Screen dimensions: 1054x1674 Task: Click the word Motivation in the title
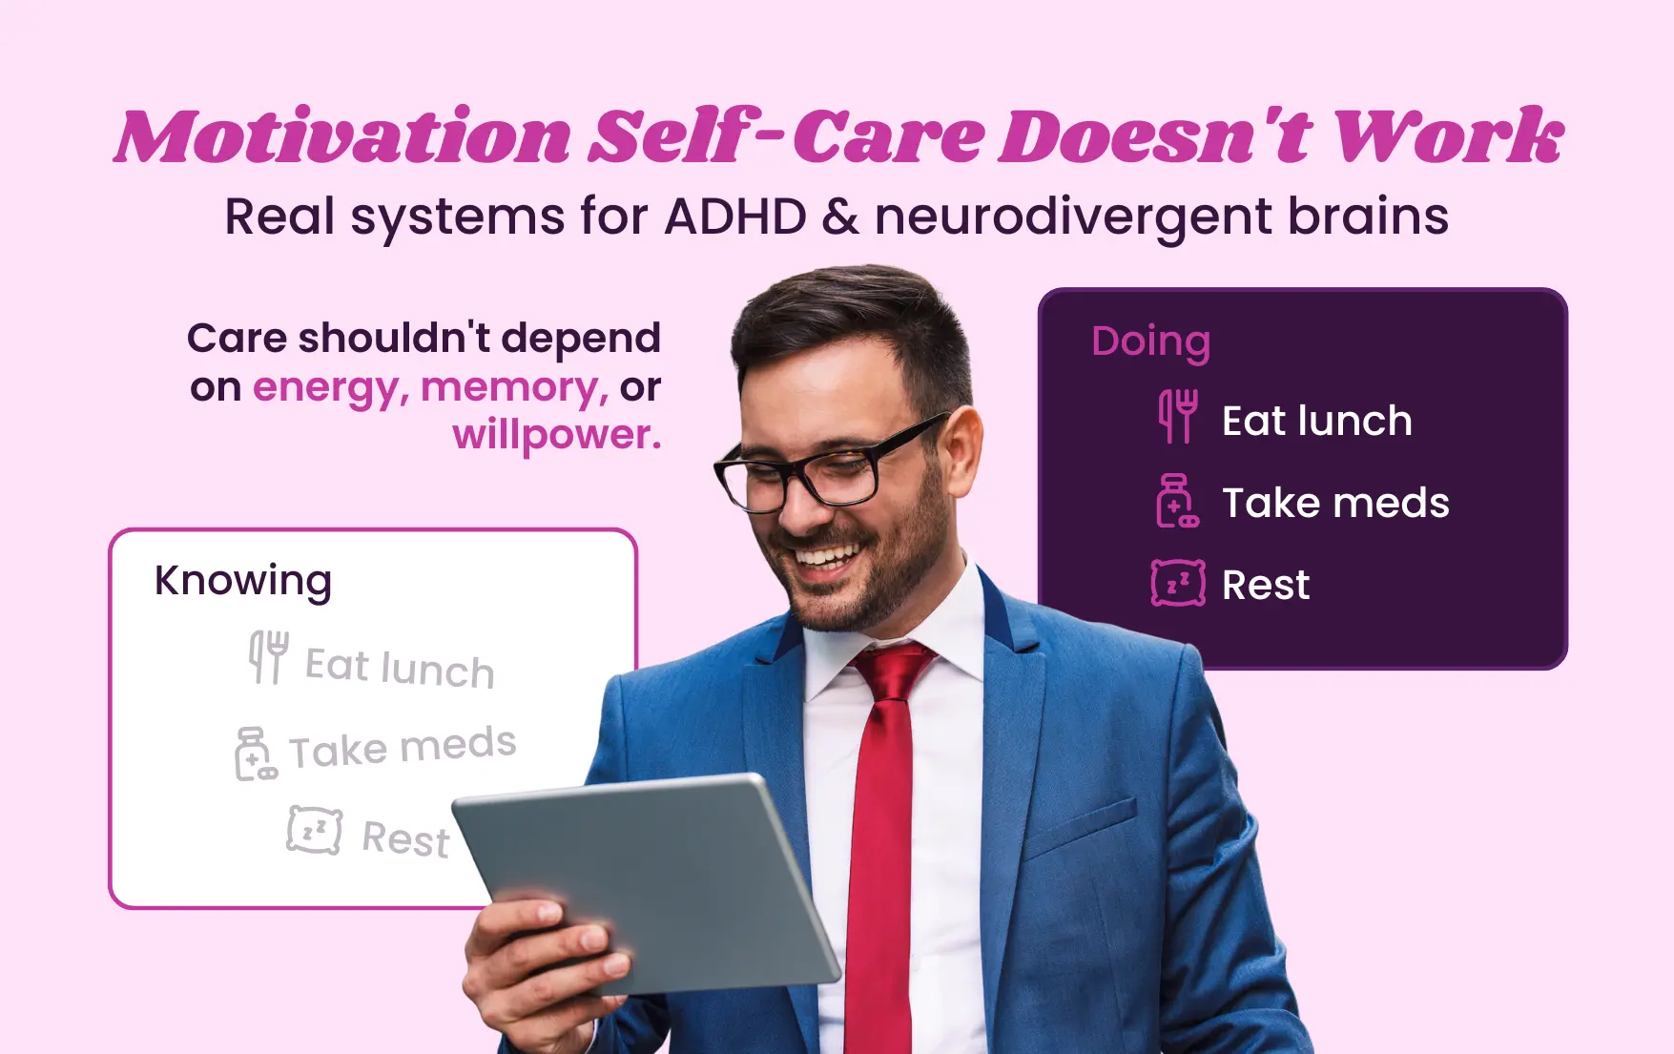[x=343, y=136]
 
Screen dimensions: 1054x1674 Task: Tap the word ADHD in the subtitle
[x=735, y=217]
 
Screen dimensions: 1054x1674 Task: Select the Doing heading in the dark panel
[x=1150, y=341]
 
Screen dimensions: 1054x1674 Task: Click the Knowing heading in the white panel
[x=243, y=580]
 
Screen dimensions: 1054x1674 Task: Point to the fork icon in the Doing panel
[x=1178, y=416]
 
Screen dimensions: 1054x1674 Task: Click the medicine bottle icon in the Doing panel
[x=1176, y=501]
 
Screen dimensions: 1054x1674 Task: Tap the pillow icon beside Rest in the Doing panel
[x=1178, y=583]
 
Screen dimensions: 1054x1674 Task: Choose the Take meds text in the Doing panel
[x=1335, y=503]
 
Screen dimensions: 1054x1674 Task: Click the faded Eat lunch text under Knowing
[x=400, y=667]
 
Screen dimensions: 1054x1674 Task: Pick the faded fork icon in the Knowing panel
[x=268, y=656]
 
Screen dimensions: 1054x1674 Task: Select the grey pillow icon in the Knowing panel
[x=315, y=830]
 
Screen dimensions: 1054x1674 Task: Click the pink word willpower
[x=556, y=435]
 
